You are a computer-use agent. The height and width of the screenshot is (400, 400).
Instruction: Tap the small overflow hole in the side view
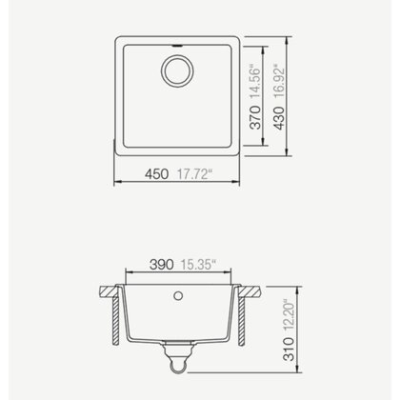coord(177,296)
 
